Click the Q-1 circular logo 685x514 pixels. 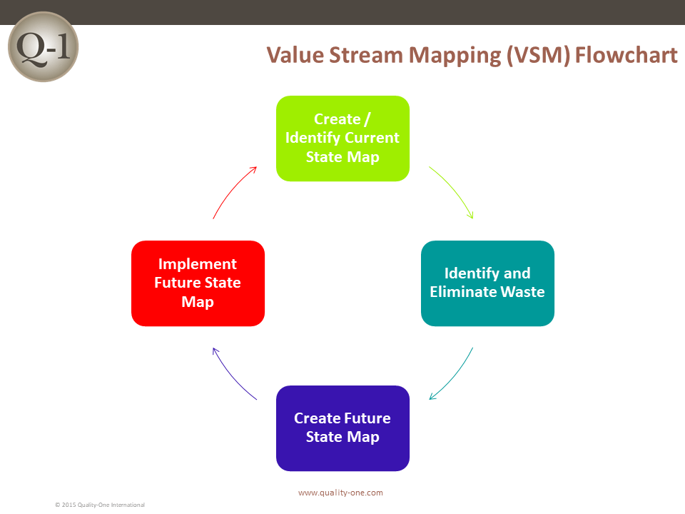pyautogui.click(x=44, y=47)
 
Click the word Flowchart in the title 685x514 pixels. pyautogui.click(x=626, y=55)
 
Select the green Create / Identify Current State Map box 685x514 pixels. pyautogui.click(x=343, y=138)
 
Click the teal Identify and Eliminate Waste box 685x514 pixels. pyautogui.click(x=487, y=283)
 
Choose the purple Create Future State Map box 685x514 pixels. pyautogui.click(x=343, y=428)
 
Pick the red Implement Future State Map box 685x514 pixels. pyautogui.click(x=198, y=283)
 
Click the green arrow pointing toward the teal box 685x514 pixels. pyautogui.click(x=455, y=188)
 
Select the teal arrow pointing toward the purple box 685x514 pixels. pyautogui.click(x=455, y=377)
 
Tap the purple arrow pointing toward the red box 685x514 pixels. pyautogui.click(x=231, y=377)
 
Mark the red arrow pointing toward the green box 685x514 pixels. pyautogui.click(x=231, y=188)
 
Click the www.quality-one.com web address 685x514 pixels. pyautogui.click(x=341, y=493)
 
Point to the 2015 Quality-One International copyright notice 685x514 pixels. pyautogui.click(x=100, y=505)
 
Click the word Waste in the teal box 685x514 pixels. pyautogui.click(x=522, y=291)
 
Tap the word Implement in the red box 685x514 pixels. pyautogui.click(x=198, y=264)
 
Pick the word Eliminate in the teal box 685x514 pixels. pyautogui.click(x=463, y=291)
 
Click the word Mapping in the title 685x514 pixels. pyautogui.click(x=455, y=56)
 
